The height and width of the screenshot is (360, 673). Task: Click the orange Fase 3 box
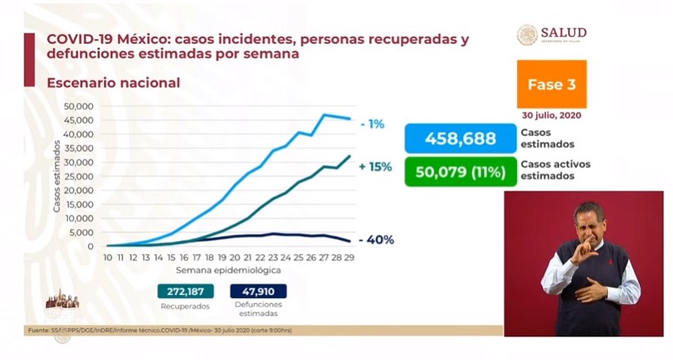point(551,84)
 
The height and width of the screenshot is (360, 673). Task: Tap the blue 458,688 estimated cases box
point(460,138)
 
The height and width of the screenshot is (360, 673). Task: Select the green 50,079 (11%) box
point(460,171)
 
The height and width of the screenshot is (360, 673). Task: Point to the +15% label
point(375,167)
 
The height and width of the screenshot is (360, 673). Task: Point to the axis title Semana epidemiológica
point(229,269)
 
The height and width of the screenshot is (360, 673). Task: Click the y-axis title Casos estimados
point(58,176)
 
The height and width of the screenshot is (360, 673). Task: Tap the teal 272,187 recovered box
point(185,291)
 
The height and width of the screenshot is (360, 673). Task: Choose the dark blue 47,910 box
point(257,291)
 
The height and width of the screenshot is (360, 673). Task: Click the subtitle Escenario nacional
point(113,83)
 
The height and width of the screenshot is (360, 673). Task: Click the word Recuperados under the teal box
point(185,306)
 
